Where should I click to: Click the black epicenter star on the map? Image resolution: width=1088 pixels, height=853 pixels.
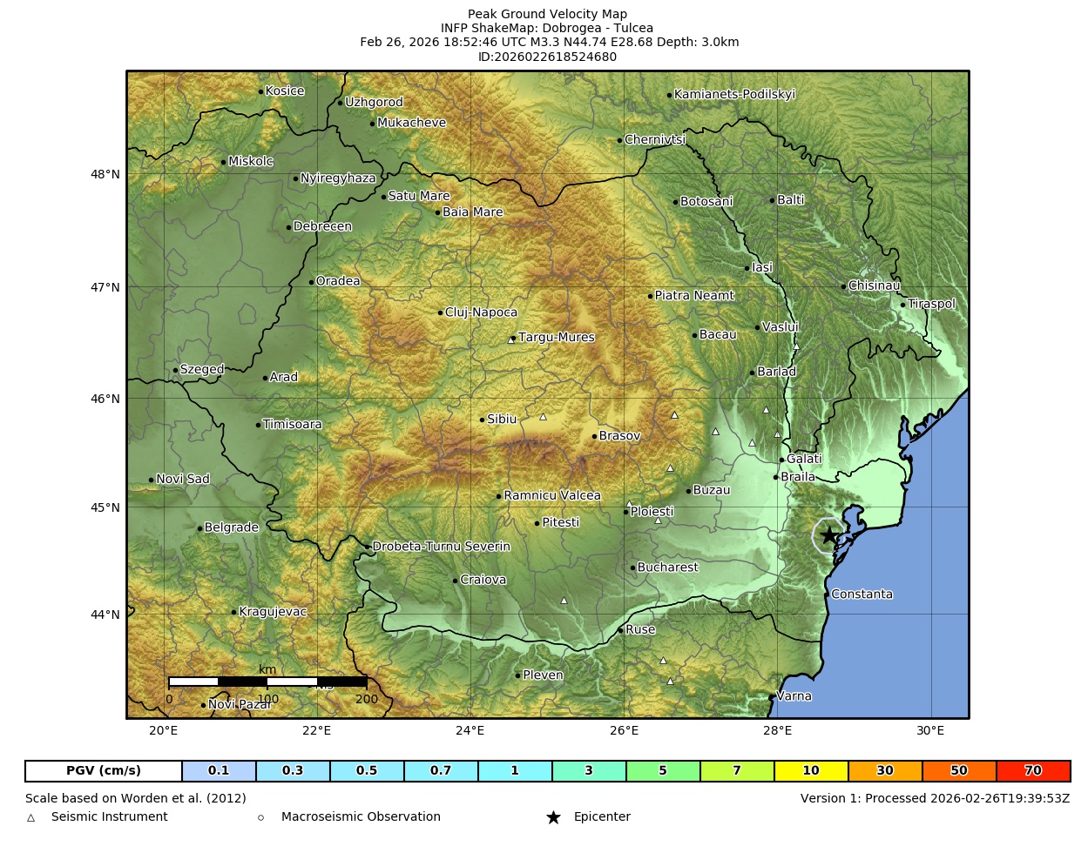click(828, 535)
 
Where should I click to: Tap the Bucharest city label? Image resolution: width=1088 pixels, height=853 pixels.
click(667, 568)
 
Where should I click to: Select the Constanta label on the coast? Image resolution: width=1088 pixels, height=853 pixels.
click(862, 594)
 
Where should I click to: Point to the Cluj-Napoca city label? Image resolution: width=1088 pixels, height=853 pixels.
click(481, 312)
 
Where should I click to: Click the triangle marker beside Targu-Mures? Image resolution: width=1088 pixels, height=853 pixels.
click(511, 340)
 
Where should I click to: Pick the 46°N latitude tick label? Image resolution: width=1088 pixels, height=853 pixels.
click(105, 399)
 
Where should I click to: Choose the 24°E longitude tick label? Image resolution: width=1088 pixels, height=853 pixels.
click(470, 730)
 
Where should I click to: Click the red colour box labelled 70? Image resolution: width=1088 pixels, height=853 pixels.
click(1033, 771)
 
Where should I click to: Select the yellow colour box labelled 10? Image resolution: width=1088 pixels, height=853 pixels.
click(811, 771)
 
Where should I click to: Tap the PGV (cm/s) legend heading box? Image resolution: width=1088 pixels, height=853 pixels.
click(104, 771)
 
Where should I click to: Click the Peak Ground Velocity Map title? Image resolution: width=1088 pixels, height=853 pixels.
click(547, 14)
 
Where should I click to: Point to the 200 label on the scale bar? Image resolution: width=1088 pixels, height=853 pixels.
click(367, 699)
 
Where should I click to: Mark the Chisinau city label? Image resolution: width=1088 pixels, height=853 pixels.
click(874, 285)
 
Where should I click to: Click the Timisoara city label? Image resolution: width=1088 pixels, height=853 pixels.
click(292, 425)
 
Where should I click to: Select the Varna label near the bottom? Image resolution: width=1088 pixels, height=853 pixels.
click(794, 696)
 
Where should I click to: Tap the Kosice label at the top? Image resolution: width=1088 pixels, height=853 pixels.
click(285, 91)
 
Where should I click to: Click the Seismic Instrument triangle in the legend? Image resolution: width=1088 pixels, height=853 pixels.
click(31, 817)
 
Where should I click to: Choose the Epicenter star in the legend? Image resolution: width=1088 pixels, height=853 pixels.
click(553, 817)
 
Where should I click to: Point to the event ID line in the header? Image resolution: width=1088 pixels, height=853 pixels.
click(547, 57)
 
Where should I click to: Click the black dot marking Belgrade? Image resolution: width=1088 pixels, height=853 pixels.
click(199, 528)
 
